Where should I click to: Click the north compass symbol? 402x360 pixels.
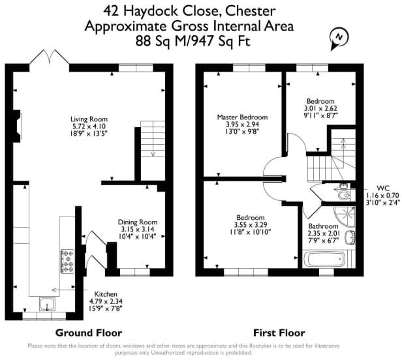pyautogui.click(x=339, y=38)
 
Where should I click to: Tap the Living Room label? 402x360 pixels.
pyautogui.click(x=89, y=119)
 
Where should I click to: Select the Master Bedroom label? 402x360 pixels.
pyautogui.click(x=242, y=117)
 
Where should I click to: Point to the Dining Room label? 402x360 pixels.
pyautogui.click(x=138, y=222)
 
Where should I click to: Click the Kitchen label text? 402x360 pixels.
pyautogui.click(x=106, y=294)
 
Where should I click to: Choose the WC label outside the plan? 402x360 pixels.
pyautogui.click(x=383, y=188)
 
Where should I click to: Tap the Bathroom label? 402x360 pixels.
pyautogui.click(x=323, y=226)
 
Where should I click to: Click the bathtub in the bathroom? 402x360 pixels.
pyautogui.click(x=324, y=259)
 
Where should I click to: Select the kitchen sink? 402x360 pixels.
pyautogui.click(x=47, y=304)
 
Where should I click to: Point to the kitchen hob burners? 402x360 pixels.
pyautogui.click(x=67, y=262)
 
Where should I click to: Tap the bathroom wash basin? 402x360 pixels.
pyautogui.click(x=350, y=237)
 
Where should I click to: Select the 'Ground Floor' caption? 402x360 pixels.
pyautogui.click(x=89, y=333)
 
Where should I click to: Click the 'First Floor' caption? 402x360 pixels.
pyautogui.click(x=279, y=333)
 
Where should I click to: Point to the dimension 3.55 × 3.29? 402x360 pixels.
pyautogui.click(x=251, y=225)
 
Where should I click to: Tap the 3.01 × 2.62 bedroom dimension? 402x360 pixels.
pyautogui.click(x=320, y=108)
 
